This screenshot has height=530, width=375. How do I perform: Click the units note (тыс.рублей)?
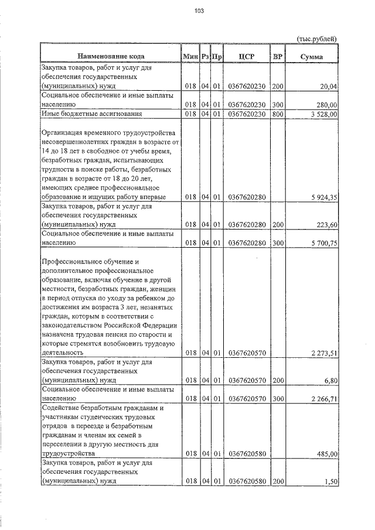(317, 38)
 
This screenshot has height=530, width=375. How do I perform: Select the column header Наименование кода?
(110, 56)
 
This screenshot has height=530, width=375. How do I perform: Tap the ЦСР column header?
(246, 56)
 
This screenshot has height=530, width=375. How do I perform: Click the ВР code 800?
(278, 114)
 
